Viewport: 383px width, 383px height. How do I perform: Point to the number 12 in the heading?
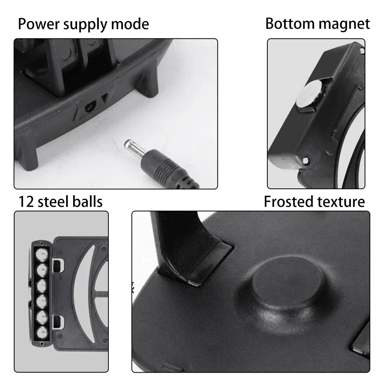click(x=26, y=201)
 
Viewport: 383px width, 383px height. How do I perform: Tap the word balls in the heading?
click(x=88, y=201)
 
